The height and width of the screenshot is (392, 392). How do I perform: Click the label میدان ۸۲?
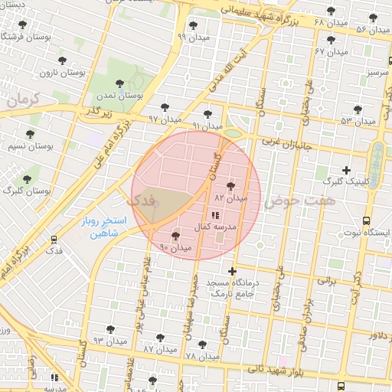coord(230,198)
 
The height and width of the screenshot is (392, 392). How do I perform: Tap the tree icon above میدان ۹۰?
coord(176,237)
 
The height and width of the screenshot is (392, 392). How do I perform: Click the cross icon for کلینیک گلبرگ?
coord(346,170)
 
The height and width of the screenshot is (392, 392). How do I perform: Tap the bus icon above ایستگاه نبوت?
coord(366,220)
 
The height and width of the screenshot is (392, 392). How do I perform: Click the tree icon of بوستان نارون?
coord(62,60)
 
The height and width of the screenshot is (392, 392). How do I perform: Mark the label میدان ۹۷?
coord(164,119)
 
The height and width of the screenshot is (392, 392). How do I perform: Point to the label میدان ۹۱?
coord(207,126)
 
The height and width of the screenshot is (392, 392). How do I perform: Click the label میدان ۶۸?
coord(331,22)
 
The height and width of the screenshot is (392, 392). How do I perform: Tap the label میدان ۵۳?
coord(358,121)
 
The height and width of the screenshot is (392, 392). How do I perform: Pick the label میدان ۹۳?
coord(109,339)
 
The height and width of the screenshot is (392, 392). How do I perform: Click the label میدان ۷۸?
coord(202,356)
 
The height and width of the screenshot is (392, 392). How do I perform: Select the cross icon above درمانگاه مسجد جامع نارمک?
coord(233,271)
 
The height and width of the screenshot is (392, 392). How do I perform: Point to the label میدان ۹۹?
coord(191,36)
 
